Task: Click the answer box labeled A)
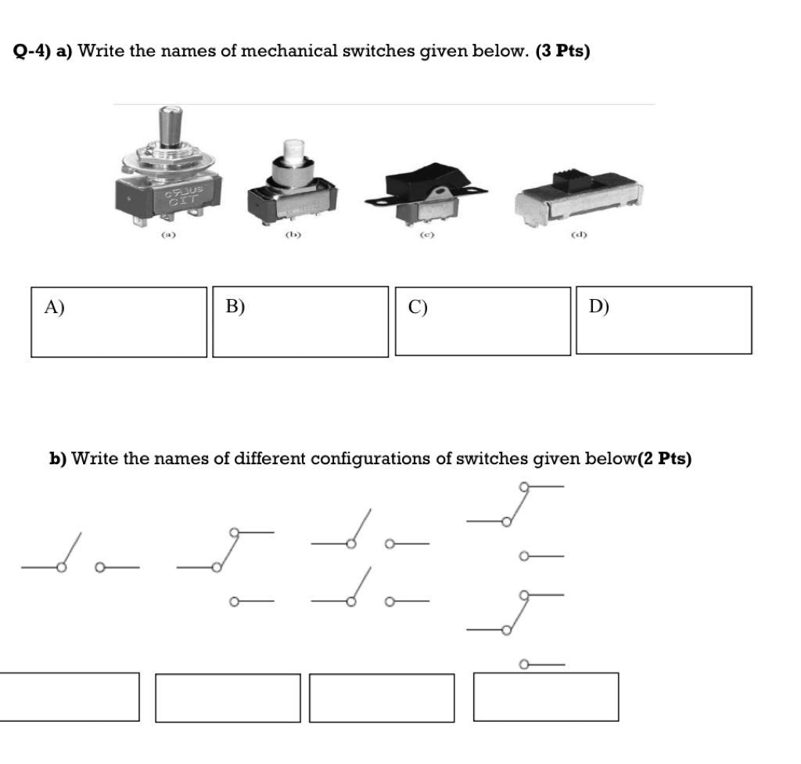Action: click(x=119, y=322)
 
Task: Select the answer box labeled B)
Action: click(x=300, y=322)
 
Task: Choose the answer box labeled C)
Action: click(x=483, y=322)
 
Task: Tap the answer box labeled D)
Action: click(x=664, y=320)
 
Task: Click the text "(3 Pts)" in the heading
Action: click(x=562, y=52)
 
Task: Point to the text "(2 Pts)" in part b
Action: click(x=665, y=459)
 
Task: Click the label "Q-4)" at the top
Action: click(x=32, y=52)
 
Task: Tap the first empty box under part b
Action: click(x=69, y=697)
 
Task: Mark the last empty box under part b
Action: click(x=545, y=697)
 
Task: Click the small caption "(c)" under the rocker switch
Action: click(x=426, y=234)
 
